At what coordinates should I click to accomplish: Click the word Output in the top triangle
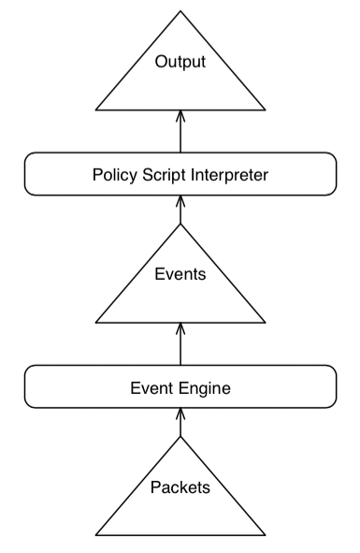[180, 64]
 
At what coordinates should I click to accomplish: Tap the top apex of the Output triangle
[180, 13]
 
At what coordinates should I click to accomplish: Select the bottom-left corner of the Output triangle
[94, 110]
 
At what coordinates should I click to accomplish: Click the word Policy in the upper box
[113, 174]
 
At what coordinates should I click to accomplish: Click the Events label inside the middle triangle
[180, 276]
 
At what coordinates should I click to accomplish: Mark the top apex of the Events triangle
[180, 226]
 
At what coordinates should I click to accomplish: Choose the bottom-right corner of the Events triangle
[266, 324]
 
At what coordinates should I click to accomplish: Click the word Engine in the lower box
[205, 386]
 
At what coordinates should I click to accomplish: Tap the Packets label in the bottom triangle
[180, 488]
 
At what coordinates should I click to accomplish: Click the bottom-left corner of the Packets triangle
[94, 535]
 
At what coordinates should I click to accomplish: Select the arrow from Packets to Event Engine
[180, 423]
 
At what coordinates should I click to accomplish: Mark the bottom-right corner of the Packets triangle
[266, 535]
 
